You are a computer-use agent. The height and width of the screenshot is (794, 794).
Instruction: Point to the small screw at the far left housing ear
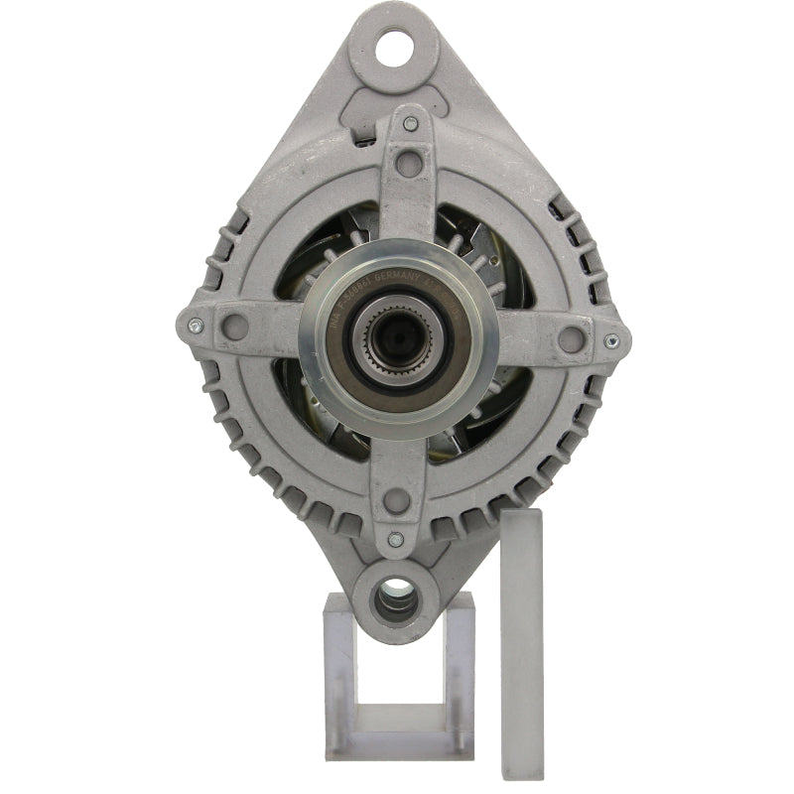tap(195, 324)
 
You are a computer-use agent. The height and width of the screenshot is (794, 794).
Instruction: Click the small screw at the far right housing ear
tap(609, 340)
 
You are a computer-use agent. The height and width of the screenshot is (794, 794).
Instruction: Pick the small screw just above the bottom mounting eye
tap(395, 540)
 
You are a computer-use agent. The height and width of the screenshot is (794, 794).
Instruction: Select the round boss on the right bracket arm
tap(570, 339)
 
